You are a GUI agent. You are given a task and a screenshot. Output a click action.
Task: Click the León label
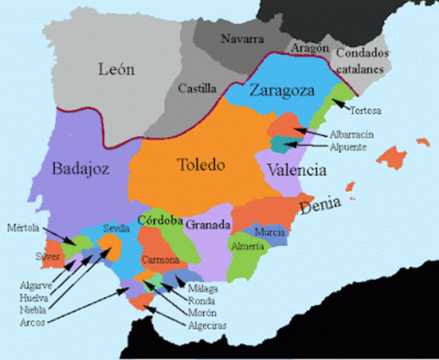click(116, 70)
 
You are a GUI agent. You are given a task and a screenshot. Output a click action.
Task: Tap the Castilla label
click(197, 88)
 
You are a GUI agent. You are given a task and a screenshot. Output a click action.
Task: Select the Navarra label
click(242, 37)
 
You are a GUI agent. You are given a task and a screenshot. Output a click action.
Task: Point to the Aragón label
click(311, 47)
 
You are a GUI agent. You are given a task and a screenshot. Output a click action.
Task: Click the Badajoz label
click(80, 169)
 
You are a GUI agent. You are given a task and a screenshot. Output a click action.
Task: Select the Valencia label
click(296, 170)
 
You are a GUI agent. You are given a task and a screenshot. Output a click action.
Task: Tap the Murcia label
click(269, 232)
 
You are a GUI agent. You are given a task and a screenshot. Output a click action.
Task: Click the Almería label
click(248, 246)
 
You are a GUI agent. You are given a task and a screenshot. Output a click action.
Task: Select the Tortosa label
click(365, 111)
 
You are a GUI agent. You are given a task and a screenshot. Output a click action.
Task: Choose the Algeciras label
click(207, 325)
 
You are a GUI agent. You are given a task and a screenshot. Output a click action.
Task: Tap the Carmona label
click(161, 260)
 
